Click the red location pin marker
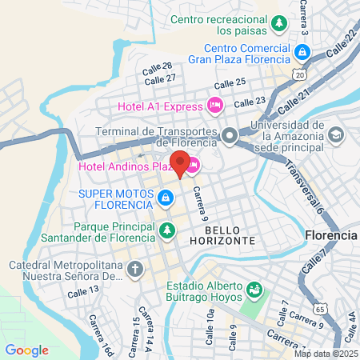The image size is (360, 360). click(x=181, y=164)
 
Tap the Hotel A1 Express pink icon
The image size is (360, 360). click(x=214, y=104)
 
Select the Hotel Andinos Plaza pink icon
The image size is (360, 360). click(x=194, y=166)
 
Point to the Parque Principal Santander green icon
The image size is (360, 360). click(x=166, y=231)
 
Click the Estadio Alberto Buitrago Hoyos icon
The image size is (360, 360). click(x=254, y=289)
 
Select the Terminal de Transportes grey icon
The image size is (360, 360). click(x=230, y=135)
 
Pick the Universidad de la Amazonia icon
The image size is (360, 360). click(x=335, y=134)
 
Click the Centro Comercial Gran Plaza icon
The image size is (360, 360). click(x=302, y=54)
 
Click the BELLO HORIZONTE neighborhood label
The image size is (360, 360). click(x=224, y=234)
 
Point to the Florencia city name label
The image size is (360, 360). click(x=330, y=236)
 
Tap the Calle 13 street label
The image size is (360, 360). click(x=82, y=291)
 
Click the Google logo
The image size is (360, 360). click(x=26, y=350)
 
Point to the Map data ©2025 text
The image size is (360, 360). click(x=324, y=354)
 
